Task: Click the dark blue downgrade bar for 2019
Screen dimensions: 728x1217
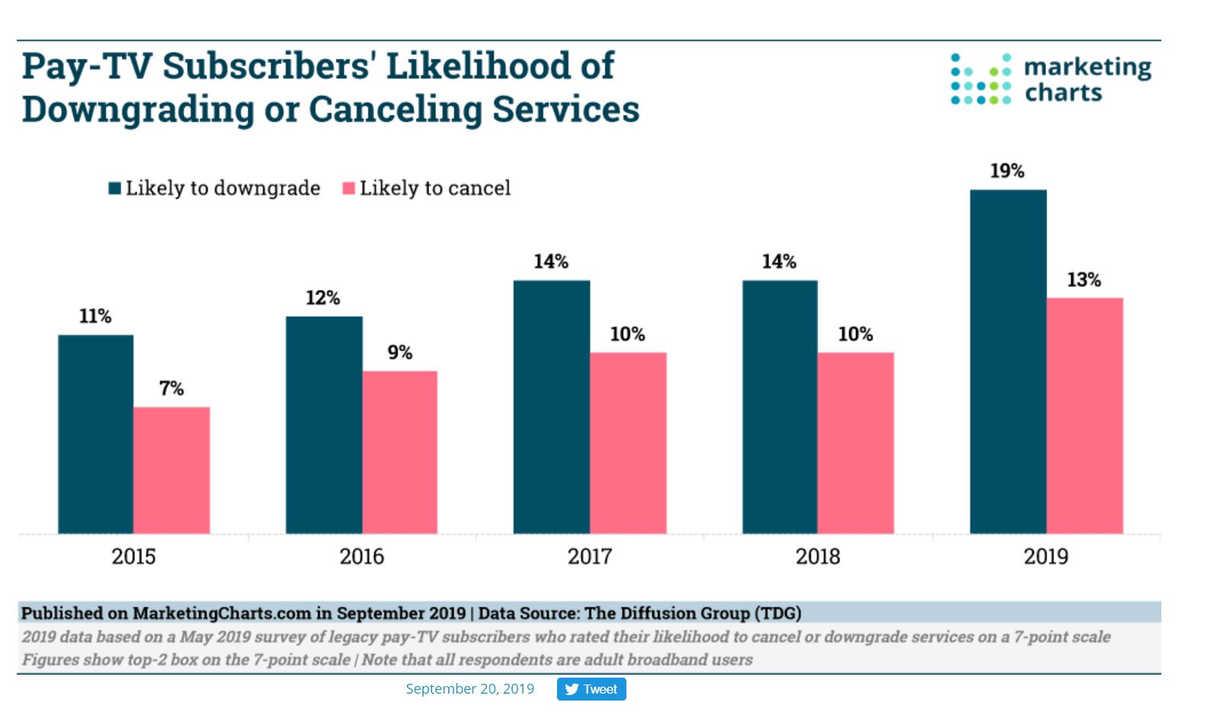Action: (x=1008, y=362)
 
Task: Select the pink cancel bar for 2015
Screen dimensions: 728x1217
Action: (x=172, y=470)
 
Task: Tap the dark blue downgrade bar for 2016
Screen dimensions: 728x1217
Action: (x=324, y=425)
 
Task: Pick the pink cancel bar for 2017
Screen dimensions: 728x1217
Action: (x=628, y=443)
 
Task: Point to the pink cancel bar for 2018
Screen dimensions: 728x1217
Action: (x=855, y=443)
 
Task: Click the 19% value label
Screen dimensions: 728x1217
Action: (x=1007, y=171)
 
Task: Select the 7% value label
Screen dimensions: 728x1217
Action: (x=172, y=388)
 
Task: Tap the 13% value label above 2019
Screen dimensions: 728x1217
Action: (x=1083, y=280)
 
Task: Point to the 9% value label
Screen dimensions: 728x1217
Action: (x=400, y=353)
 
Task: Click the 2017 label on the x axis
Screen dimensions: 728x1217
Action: (x=590, y=556)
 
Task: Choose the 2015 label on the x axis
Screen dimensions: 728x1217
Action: (x=134, y=556)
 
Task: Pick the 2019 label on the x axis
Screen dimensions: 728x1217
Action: (x=1045, y=556)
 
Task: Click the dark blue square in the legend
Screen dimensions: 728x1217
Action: (x=115, y=188)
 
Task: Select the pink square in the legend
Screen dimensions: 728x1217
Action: (x=349, y=188)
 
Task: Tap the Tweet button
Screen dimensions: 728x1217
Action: (x=591, y=689)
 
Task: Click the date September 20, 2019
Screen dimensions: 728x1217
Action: (x=470, y=689)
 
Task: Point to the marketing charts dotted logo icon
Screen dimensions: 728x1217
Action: (x=980, y=79)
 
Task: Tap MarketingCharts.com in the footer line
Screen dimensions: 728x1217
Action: (x=222, y=614)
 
